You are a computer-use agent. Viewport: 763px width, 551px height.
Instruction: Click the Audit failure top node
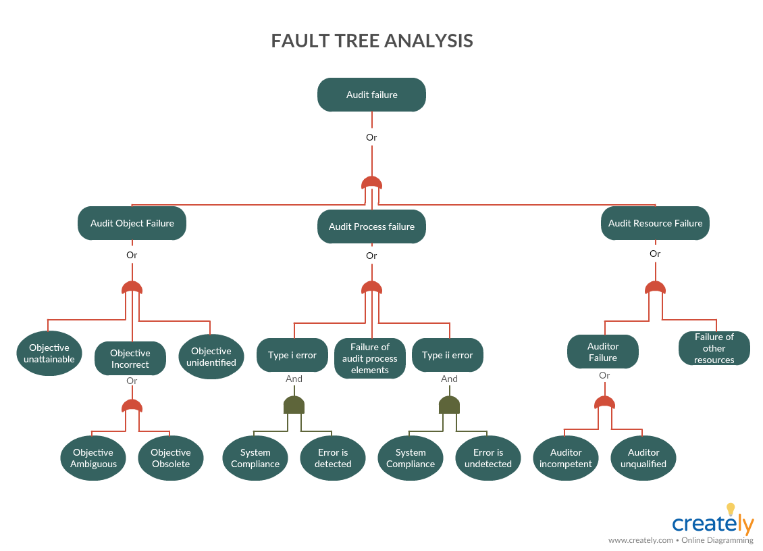click(x=371, y=95)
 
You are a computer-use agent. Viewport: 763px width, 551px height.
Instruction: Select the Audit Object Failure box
click(x=132, y=223)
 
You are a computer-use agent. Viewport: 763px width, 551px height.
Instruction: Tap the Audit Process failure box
click(x=371, y=226)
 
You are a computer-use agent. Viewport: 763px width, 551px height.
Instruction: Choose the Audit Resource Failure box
click(x=655, y=223)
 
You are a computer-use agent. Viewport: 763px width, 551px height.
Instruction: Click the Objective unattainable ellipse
click(x=49, y=354)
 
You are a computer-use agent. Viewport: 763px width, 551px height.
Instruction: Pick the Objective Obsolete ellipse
click(x=171, y=458)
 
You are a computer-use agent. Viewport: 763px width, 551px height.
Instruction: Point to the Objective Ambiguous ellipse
click(x=93, y=458)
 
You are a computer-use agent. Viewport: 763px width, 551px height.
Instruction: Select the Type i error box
click(x=292, y=355)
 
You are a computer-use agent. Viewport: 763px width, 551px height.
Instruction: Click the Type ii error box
click(x=448, y=355)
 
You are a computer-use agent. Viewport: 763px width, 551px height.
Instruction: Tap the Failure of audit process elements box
click(x=370, y=358)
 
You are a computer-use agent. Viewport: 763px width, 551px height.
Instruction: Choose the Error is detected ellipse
click(x=333, y=458)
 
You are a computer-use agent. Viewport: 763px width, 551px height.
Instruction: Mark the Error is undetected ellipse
click(x=488, y=458)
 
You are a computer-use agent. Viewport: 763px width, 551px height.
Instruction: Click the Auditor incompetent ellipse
click(x=566, y=458)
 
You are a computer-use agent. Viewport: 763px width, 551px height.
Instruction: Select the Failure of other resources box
click(x=714, y=348)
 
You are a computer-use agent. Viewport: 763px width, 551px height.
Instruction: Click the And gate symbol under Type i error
click(x=294, y=405)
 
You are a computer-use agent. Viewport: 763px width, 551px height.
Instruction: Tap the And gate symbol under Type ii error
click(x=449, y=405)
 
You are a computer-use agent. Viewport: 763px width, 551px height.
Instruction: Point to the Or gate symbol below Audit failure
click(x=371, y=183)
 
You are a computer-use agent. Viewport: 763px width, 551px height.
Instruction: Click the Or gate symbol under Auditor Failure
click(x=604, y=403)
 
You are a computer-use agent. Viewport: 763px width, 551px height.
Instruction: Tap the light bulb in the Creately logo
click(x=730, y=509)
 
